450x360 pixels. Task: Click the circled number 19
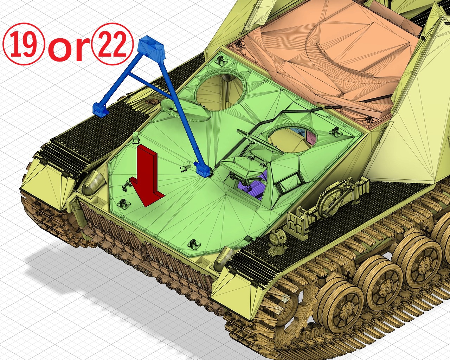tap(24, 44)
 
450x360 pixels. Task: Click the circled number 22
tap(112, 44)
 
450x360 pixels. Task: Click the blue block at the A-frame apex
tap(151, 46)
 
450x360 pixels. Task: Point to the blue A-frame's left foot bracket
tap(101, 110)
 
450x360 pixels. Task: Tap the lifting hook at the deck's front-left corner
tap(123, 203)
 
